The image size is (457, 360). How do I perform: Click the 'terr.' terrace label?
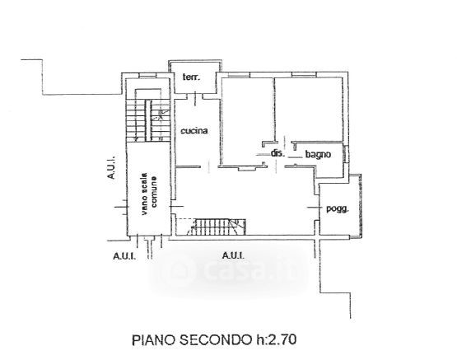(x=191, y=77)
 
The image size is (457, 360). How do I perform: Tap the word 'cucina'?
(x=194, y=131)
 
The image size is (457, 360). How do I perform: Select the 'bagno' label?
(x=318, y=154)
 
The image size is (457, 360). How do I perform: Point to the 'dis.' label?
(x=277, y=152)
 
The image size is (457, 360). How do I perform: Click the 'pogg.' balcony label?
(x=338, y=208)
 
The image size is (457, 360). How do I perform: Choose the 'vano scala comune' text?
(x=149, y=194)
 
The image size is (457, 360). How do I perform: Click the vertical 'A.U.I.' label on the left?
(x=111, y=167)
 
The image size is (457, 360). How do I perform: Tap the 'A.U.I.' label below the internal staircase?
(x=233, y=255)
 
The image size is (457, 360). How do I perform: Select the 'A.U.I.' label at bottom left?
(x=124, y=256)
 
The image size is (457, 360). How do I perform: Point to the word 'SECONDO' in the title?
(x=215, y=340)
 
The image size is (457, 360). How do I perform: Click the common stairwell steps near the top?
(x=148, y=120)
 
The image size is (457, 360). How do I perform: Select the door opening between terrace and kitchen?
(x=196, y=97)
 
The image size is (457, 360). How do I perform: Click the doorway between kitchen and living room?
(x=209, y=166)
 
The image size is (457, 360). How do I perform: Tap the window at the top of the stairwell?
(x=147, y=76)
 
